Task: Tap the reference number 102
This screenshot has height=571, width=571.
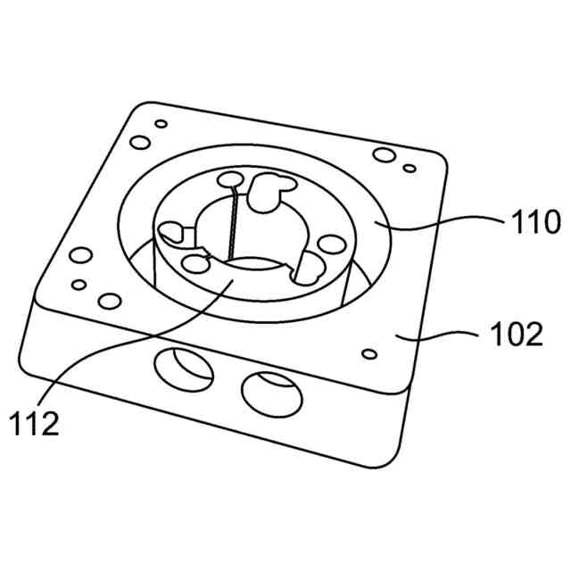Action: (516, 335)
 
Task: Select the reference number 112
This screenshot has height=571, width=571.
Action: (36, 423)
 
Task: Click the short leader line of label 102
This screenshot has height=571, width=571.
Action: (446, 335)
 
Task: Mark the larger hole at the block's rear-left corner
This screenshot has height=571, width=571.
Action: (140, 143)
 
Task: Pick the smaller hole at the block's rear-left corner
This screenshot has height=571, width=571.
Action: (161, 124)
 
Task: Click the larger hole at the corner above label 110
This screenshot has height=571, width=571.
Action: (384, 156)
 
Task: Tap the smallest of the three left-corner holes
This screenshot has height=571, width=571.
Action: (79, 285)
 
